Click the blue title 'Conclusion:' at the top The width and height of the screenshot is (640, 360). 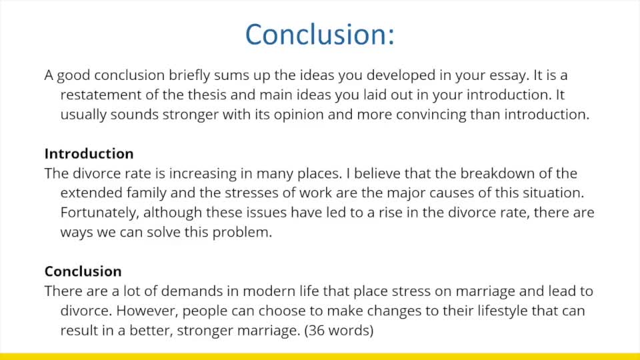[320, 34]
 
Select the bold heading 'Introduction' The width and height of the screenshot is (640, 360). [89, 154]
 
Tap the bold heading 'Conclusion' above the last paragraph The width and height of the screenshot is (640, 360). [83, 272]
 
